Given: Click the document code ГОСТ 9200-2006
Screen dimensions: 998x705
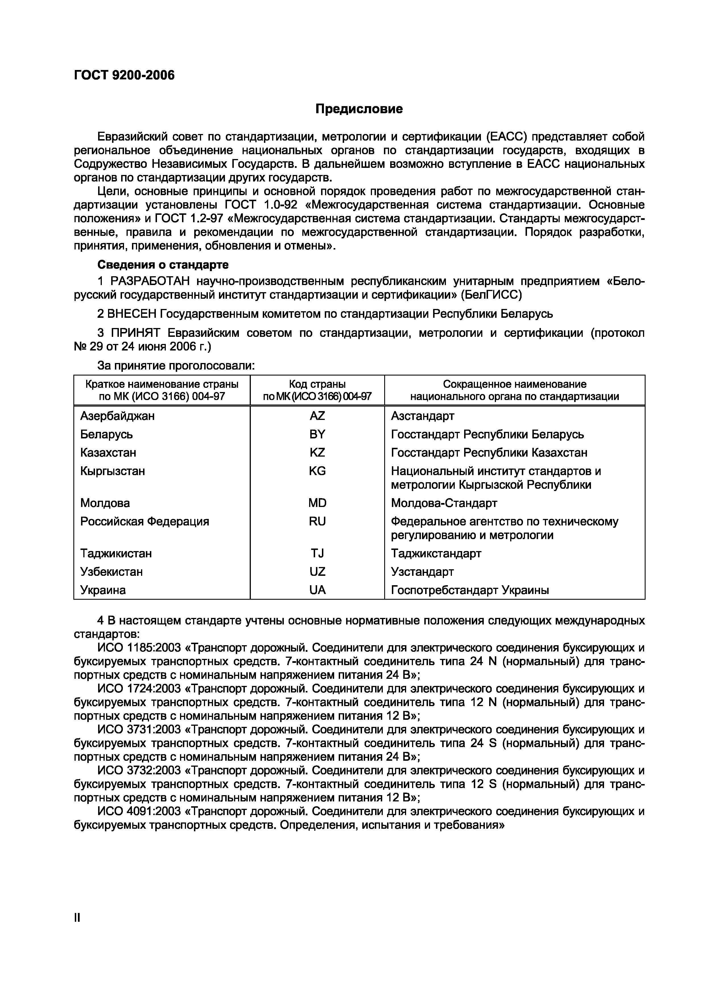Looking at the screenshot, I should pyautogui.click(x=124, y=75).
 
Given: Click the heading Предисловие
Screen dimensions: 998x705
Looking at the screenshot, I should pyautogui.click(x=359, y=109).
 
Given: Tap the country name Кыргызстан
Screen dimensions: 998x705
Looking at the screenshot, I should pyautogui.click(x=113, y=471).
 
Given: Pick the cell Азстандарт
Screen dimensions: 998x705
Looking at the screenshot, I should pyautogui.click(x=422, y=416).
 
